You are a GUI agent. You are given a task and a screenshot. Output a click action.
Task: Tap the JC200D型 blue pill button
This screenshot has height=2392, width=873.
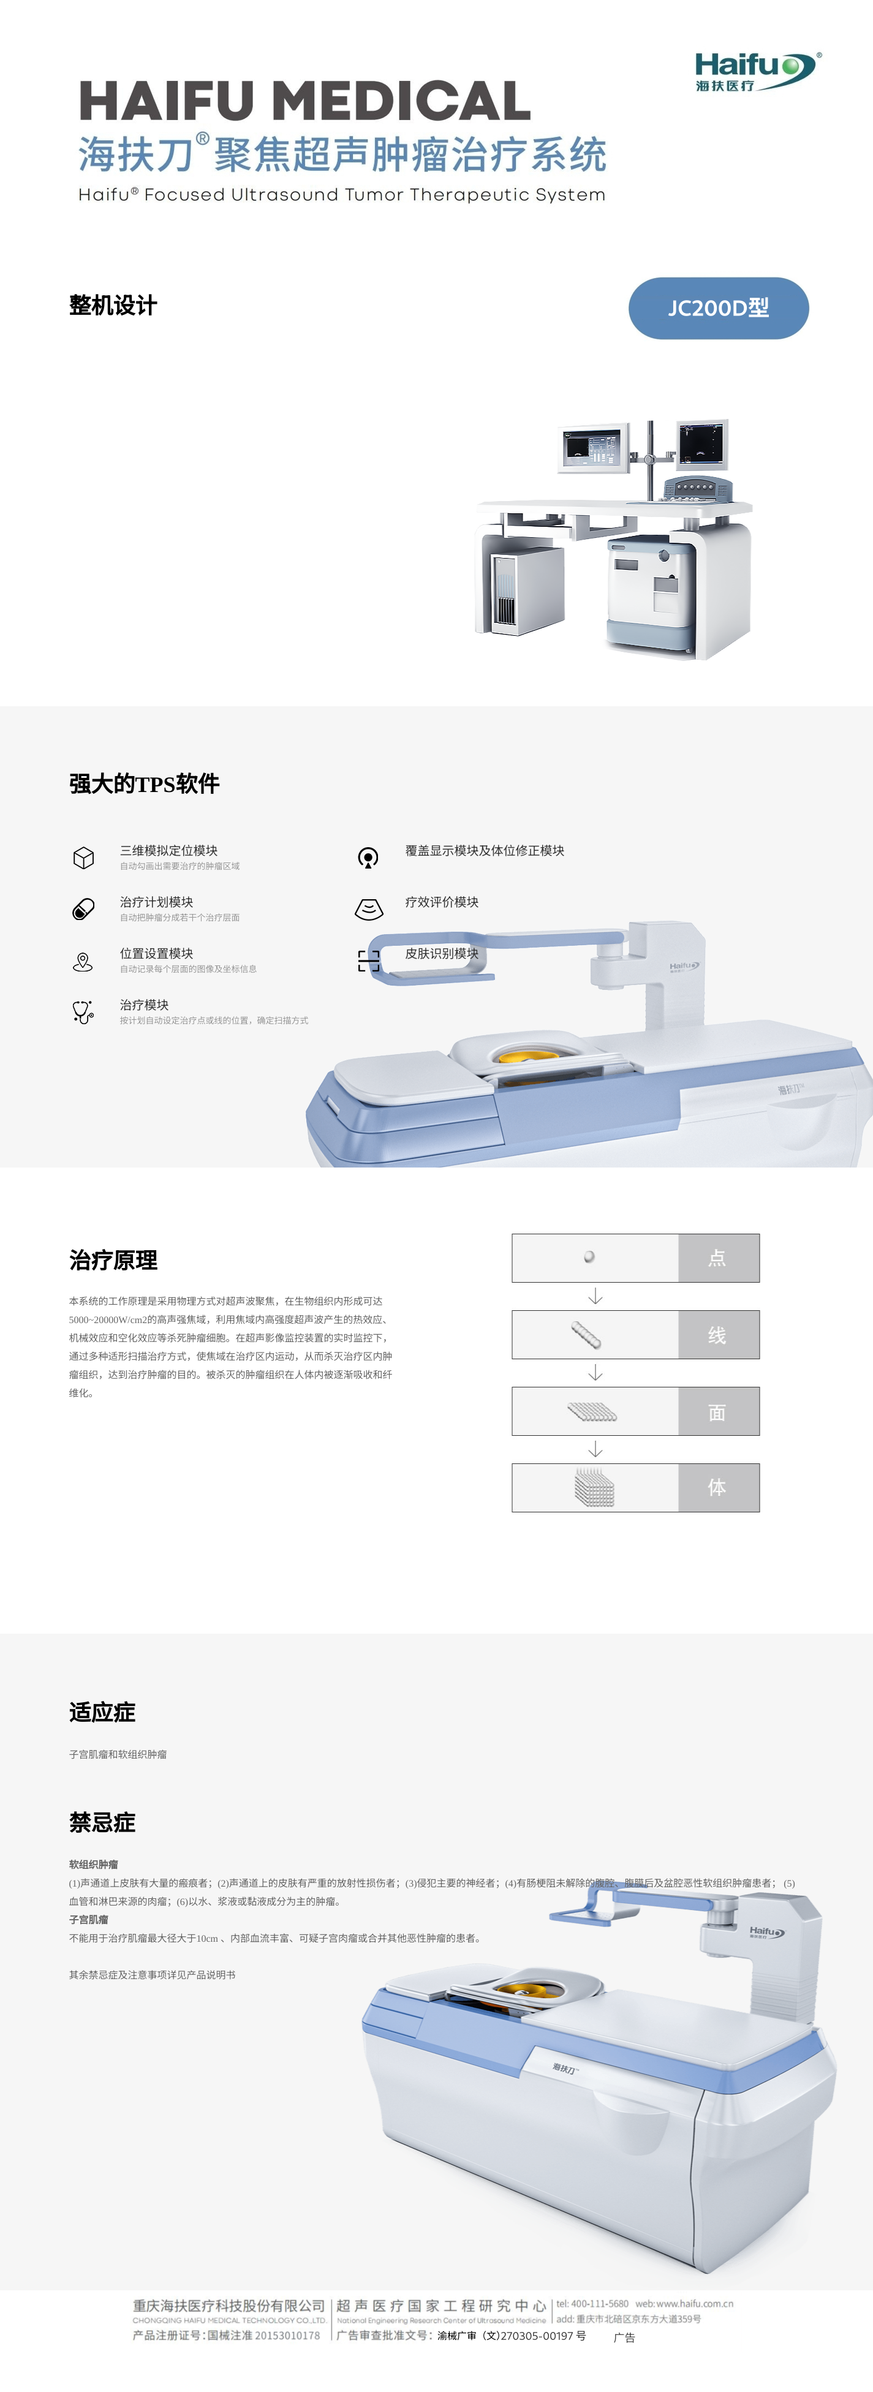[x=718, y=308]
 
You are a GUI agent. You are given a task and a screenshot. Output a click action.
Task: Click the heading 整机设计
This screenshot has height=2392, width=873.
[x=113, y=306]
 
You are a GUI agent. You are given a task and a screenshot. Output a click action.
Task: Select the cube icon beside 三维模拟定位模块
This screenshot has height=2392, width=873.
[x=83, y=857]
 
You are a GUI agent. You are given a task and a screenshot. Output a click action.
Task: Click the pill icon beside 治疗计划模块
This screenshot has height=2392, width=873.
[x=83, y=909]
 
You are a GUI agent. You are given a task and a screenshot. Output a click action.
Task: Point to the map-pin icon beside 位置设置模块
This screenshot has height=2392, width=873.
[x=83, y=961]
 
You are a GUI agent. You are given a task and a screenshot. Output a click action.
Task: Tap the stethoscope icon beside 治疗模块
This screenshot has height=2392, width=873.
[x=83, y=1011]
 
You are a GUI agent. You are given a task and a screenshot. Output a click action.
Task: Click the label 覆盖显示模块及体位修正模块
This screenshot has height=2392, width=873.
[x=484, y=851]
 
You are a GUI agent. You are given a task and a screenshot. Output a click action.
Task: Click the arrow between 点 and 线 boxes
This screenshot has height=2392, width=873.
[x=595, y=1296]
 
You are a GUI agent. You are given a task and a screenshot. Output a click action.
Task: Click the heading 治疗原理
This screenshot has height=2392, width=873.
[x=113, y=1260]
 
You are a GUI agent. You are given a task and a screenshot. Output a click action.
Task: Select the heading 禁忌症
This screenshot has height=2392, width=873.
[x=102, y=1822]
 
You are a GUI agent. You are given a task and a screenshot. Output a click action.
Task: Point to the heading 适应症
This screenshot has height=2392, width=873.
[x=102, y=1712]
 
